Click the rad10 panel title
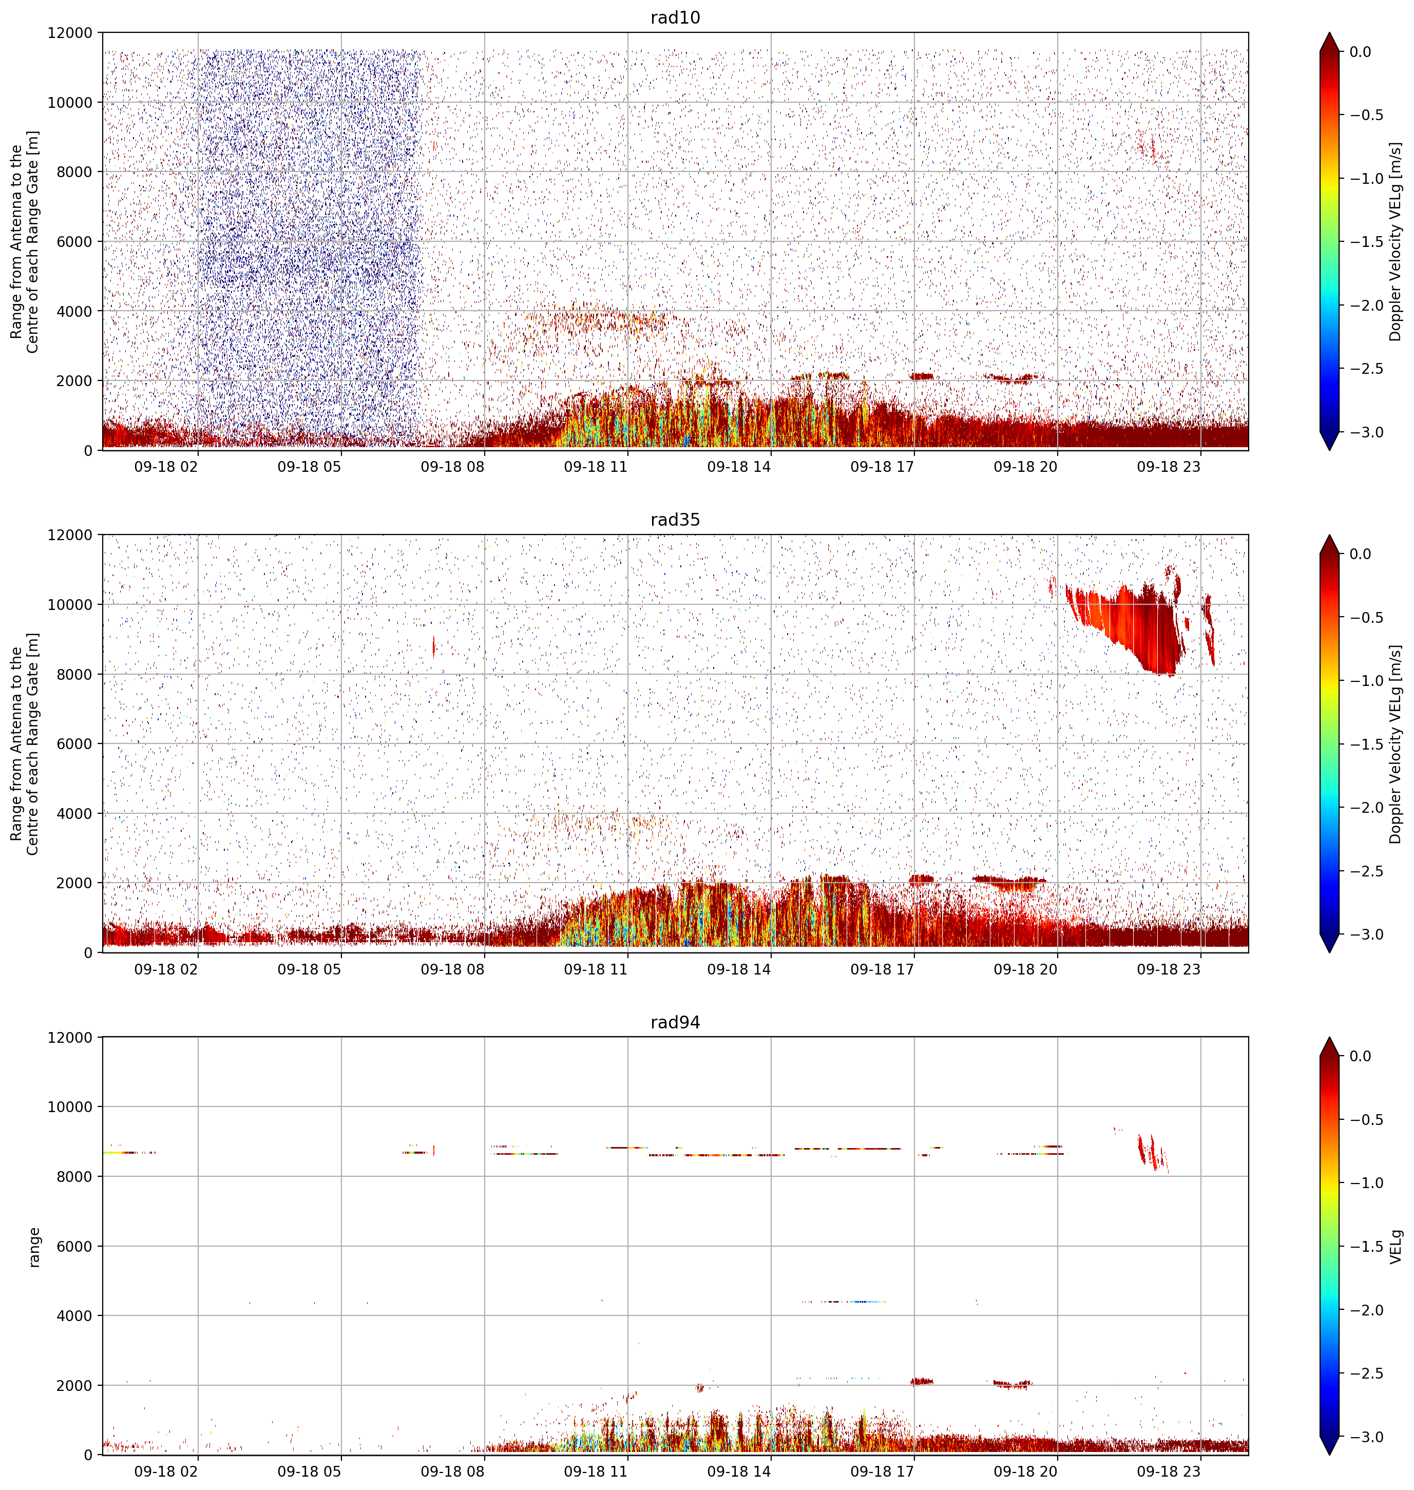[675, 17]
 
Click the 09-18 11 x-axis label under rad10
[596, 467]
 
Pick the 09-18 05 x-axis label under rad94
[309, 1471]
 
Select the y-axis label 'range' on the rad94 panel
[34, 1247]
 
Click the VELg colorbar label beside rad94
[1396, 1247]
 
